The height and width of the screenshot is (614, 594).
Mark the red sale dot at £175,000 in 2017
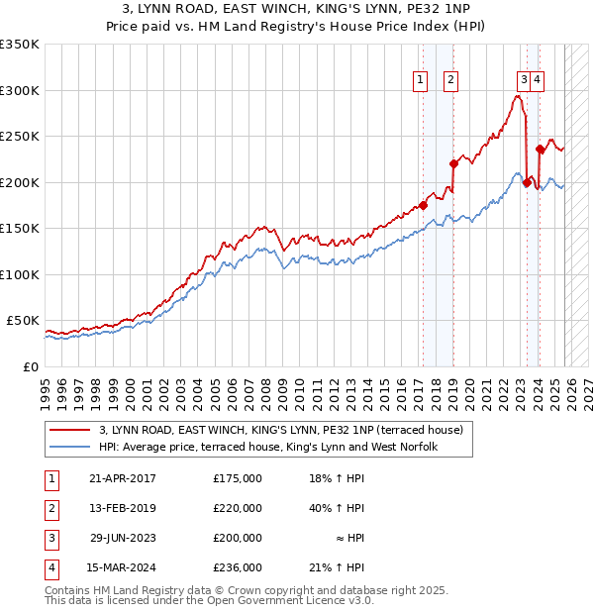[x=423, y=206]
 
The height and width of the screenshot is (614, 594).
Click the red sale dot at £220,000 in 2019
[x=453, y=164]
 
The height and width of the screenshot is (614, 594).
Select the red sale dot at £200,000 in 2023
[x=527, y=182]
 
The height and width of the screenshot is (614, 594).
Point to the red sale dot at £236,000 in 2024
[x=540, y=150]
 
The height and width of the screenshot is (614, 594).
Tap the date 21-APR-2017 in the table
[x=122, y=478]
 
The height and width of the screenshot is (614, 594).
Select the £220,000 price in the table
[x=238, y=508]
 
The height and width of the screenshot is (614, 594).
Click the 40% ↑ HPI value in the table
[x=337, y=508]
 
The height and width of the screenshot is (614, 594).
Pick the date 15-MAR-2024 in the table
[x=122, y=567]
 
